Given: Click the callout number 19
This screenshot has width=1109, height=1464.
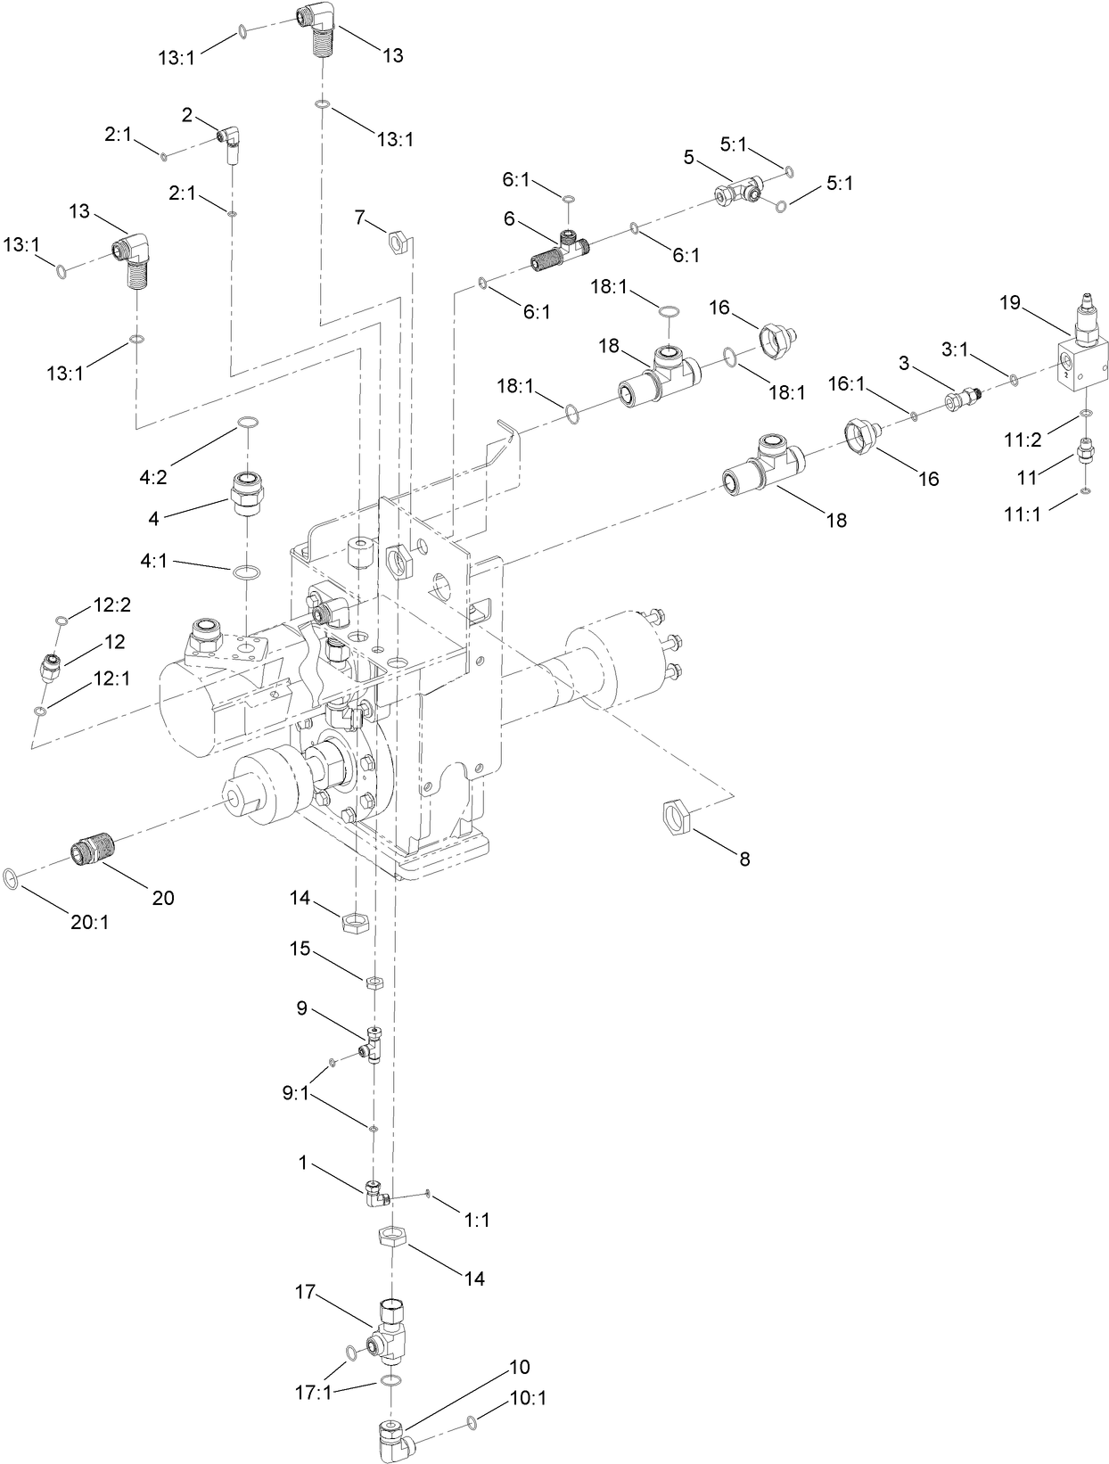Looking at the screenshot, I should [x=1009, y=303].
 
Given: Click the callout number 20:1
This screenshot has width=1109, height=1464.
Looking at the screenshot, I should [x=89, y=923].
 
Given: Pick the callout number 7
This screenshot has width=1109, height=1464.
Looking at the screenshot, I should [x=359, y=217].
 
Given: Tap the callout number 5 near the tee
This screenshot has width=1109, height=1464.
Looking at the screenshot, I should [x=688, y=158].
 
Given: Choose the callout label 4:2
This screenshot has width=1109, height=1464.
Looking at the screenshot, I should [x=153, y=477].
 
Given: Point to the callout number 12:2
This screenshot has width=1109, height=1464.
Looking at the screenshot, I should [x=112, y=605].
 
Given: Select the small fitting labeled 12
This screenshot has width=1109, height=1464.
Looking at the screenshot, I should [x=51, y=664].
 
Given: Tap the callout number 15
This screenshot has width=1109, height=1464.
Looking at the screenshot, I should [x=300, y=949].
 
